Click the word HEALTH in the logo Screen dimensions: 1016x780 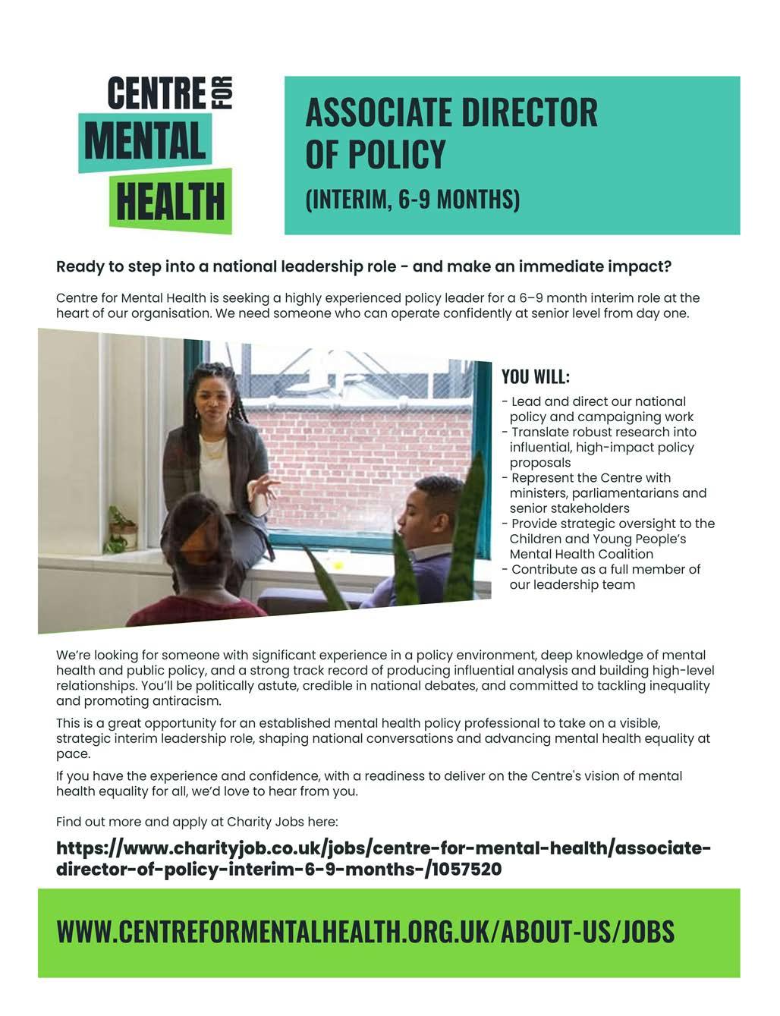[x=171, y=202]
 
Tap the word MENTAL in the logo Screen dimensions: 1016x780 [x=145, y=143]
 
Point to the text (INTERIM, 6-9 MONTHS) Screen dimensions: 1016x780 [x=412, y=199]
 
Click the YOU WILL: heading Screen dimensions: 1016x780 [x=536, y=377]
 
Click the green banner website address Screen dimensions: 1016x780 [x=365, y=931]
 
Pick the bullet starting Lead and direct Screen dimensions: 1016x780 [x=596, y=409]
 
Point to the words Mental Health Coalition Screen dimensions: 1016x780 [x=581, y=554]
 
